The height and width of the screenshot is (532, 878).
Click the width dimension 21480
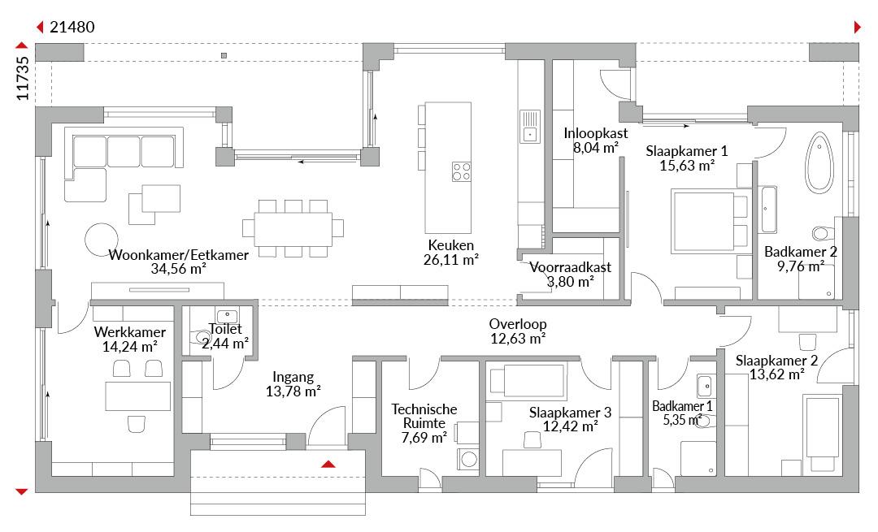tap(72, 27)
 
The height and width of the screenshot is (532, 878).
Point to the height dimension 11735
tap(23, 78)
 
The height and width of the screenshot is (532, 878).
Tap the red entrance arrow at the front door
tap(328, 464)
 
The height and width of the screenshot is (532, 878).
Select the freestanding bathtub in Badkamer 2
tap(819, 163)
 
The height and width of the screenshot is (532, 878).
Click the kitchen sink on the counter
tap(530, 127)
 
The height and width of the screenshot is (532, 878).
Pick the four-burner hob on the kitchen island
tap(462, 171)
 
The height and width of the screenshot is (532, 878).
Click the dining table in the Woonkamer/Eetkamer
tap(293, 229)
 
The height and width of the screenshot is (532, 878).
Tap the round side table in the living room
tap(102, 240)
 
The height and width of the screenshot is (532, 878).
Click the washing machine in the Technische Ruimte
tap(469, 460)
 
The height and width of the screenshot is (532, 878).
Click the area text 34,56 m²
tap(179, 269)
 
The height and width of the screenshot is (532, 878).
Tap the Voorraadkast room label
tap(571, 267)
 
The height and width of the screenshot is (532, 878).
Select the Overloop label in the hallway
tap(518, 324)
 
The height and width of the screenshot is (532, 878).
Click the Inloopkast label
tap(596, 133)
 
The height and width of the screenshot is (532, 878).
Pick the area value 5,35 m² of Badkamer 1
tap(683, 420)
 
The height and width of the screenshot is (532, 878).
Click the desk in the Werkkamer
tap(137, 396)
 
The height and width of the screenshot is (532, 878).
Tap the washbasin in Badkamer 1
tap(704, 386)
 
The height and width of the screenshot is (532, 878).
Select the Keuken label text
tap(450, 245)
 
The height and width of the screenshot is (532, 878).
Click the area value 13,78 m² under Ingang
tap(293, 391)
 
